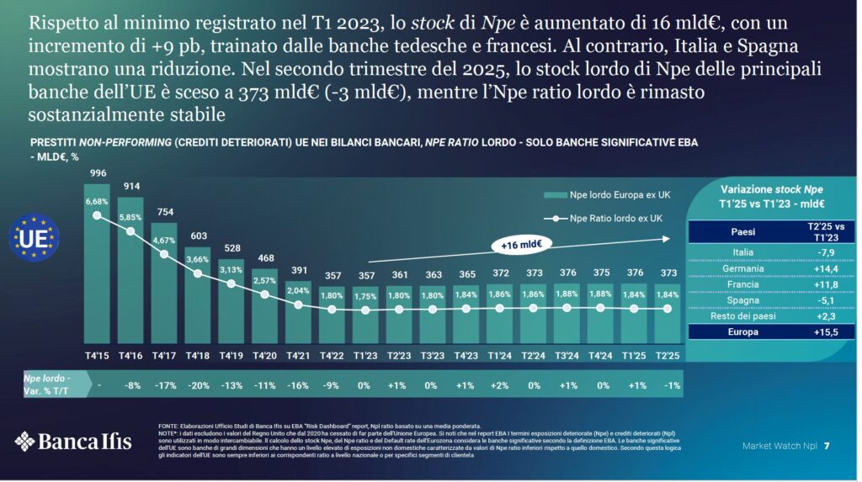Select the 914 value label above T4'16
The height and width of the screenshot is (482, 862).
(130, 186)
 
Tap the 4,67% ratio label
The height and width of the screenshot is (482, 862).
(163, 240)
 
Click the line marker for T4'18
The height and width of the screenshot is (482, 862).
(197, 273)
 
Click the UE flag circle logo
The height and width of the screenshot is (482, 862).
(34, 238)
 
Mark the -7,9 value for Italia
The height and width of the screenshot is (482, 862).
(813, 252)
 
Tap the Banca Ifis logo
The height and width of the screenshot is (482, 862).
(76, 440)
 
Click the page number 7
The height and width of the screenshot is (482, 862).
(827, 444)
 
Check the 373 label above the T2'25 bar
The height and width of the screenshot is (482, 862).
(667, 274)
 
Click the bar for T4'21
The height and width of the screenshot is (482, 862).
(298, 307)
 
